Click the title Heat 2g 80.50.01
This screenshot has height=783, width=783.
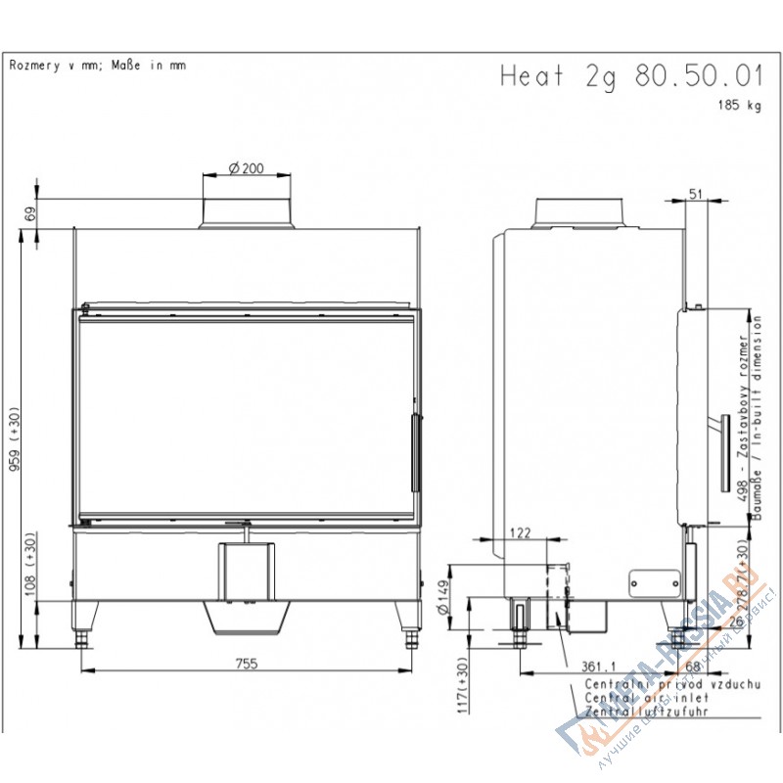(x=630, y=76)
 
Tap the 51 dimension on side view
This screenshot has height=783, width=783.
(x=696, y=194)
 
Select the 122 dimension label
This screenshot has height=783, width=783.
(x=520, y=533)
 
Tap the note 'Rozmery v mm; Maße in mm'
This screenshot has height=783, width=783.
(x=97, y=66)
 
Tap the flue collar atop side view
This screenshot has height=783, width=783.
(x=579, y=211)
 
